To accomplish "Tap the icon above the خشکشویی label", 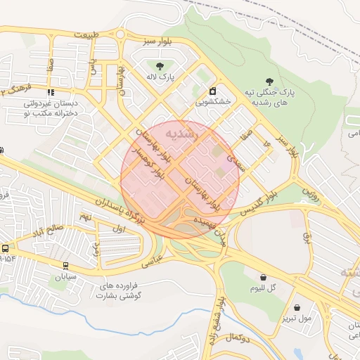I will point(212,91).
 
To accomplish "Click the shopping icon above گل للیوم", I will point(263,278).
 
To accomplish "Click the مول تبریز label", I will point(297,318).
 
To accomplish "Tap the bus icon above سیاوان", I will point(66,266).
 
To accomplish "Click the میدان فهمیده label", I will point(214,229).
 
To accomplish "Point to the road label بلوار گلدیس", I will point(260,201).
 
